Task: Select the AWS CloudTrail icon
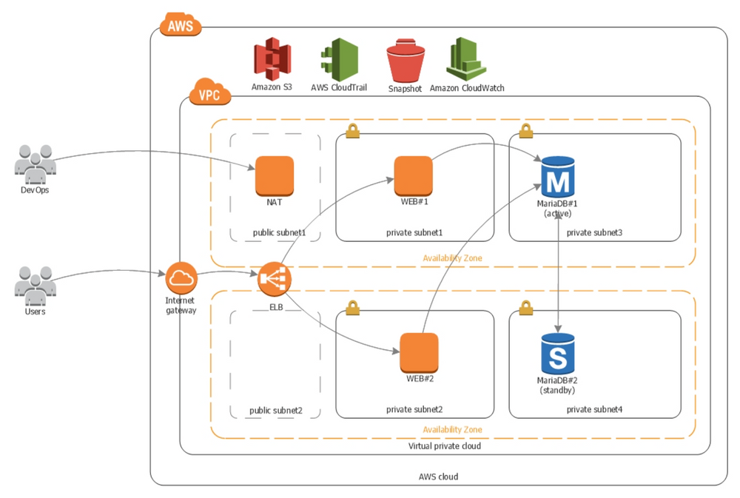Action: click(x=340, y=60)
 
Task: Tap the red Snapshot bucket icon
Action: click(x=405, y=62)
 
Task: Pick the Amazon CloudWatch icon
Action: click(x=466, y=59)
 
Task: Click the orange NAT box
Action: click(x=275, y=175)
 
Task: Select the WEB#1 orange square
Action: click(x=413, y=175)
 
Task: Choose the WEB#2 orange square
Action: click(x=419, y=353)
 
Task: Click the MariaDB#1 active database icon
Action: click(x=559, y=177)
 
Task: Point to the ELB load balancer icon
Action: click(x=275, y=279)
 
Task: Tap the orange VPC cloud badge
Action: click(x=211, y=95)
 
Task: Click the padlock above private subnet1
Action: click(x=352, y=131)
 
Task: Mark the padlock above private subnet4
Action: click(x=525, y=307)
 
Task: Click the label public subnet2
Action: click(x=275, y=411)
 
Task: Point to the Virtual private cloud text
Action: click(x=445, y=446)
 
